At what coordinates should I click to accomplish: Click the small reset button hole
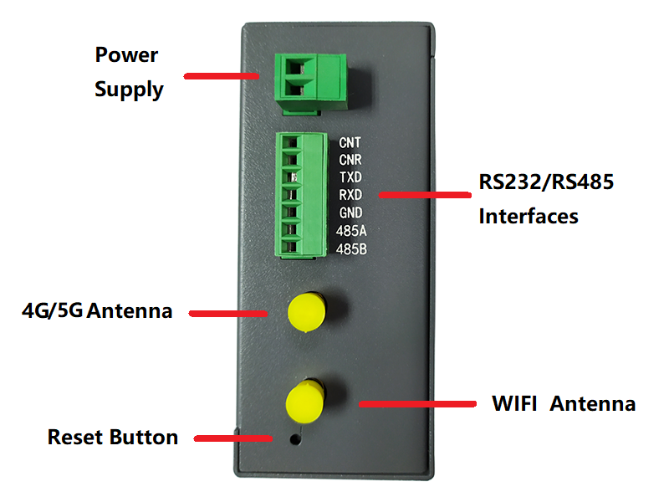point(293,437)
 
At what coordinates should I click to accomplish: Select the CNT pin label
point(350,142)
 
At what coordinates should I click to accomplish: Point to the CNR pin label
point(350,160)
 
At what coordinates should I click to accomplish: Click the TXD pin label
point(350,177)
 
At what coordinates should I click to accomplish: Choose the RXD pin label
point(350,195)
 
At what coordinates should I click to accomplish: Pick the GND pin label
point(350,213)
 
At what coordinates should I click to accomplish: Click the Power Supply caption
point(129,72)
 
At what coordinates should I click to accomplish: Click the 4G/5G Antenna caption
point(97,311)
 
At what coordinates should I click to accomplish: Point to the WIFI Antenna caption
point(564,404)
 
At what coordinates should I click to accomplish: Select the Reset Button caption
point(113,437)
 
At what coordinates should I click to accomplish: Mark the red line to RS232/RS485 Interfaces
point(424,195)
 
